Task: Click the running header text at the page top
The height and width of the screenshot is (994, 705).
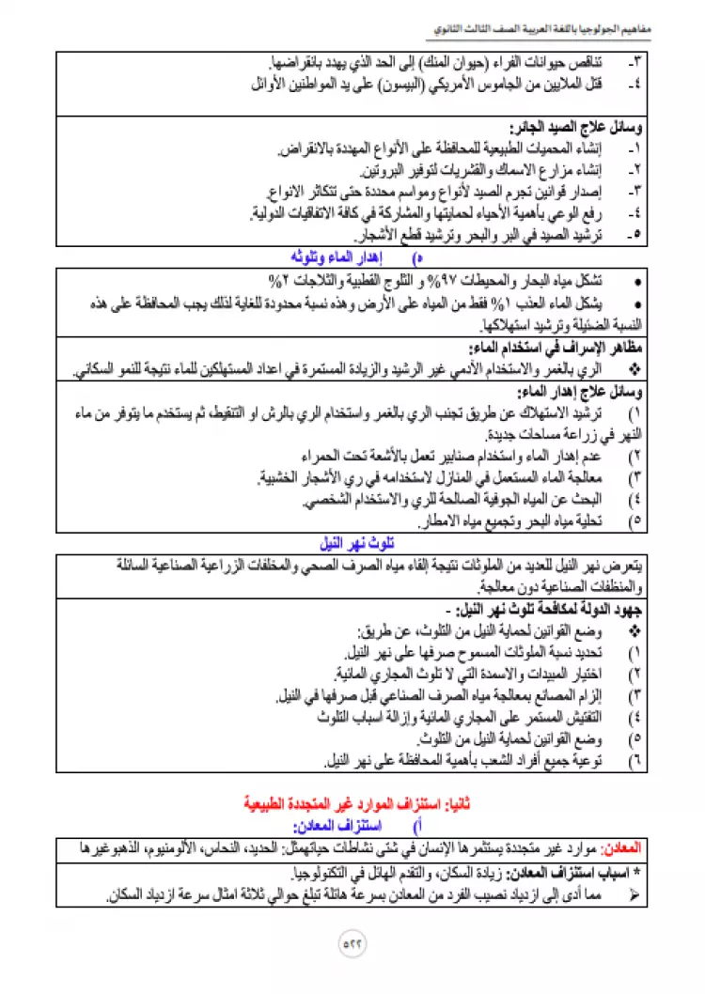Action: point(565,30)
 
